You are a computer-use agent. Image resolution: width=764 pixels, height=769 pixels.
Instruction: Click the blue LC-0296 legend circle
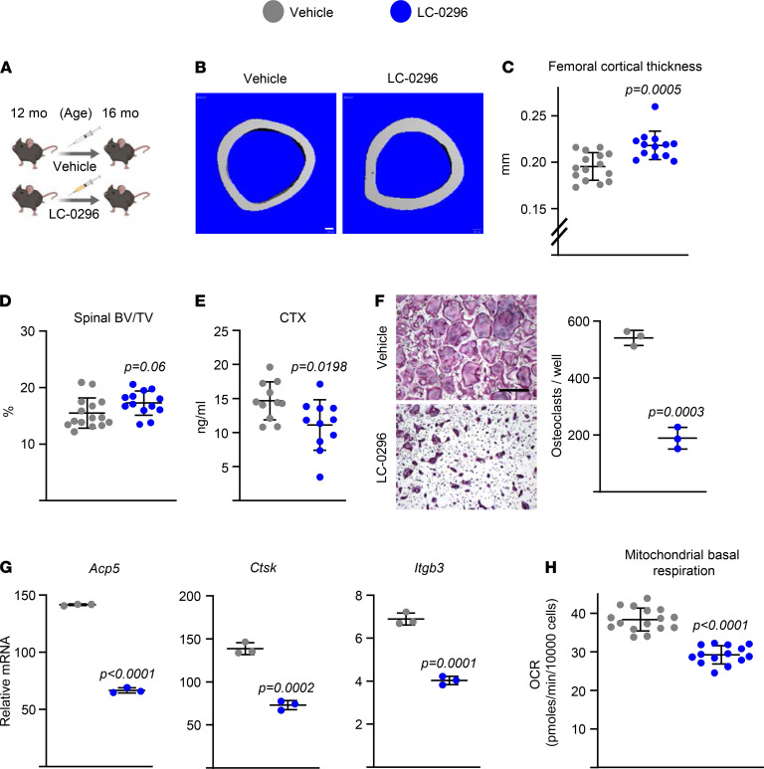coord(400,12)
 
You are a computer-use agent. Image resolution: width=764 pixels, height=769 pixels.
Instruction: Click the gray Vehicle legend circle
coord(274,12)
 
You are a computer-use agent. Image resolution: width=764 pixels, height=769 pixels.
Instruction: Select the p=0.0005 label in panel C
coord(653,90)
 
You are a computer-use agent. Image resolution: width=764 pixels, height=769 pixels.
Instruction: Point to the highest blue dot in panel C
coord(655,106)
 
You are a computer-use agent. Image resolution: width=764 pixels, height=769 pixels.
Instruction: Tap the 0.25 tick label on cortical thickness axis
coord(532,115)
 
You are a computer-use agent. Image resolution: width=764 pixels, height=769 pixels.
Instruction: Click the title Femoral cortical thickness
coord(625,67)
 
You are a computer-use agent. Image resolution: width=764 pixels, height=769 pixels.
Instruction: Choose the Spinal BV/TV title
coord(113,317)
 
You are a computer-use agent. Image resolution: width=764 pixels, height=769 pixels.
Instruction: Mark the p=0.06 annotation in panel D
coord(144,367)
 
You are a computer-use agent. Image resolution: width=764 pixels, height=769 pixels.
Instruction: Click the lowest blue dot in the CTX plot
coord(319,478)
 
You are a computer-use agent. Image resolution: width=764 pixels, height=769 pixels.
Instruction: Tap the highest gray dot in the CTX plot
coord(270,367)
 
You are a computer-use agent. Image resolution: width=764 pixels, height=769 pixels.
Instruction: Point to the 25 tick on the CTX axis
coord(221,331)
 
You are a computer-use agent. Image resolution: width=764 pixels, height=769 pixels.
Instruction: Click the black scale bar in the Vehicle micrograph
coord(514,390)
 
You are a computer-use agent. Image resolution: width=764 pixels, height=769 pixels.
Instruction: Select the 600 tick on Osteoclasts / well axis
coord(577,321)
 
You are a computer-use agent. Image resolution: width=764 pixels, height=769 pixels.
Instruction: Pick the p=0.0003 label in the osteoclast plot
coord(675,412)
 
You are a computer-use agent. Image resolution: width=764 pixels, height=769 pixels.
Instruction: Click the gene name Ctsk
coord(263,568)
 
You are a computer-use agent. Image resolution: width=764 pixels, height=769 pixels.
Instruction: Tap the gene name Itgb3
coord(429,568)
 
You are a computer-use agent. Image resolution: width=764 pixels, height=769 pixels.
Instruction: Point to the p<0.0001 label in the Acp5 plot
coord(127,674)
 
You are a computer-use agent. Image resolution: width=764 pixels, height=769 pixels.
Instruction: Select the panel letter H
coord(551,567)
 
